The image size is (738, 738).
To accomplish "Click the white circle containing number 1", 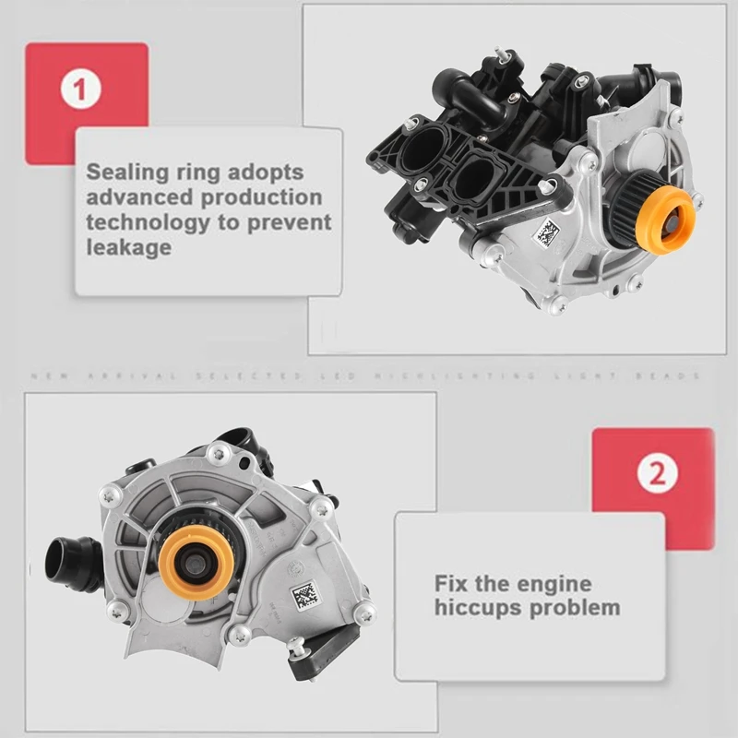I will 80,90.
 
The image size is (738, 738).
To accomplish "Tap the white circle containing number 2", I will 657,474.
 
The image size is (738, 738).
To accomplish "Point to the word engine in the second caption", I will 552,584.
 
